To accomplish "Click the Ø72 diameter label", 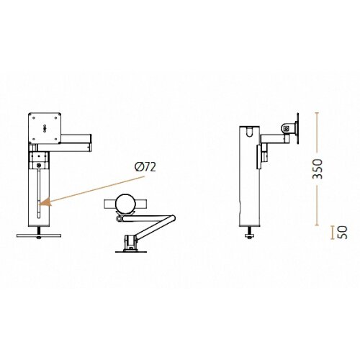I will point(145,167).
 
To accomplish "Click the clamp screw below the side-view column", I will point(251,233).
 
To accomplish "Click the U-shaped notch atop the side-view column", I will point(249,130).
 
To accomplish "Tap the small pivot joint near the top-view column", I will point(120,216).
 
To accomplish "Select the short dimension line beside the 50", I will point(330,232).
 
